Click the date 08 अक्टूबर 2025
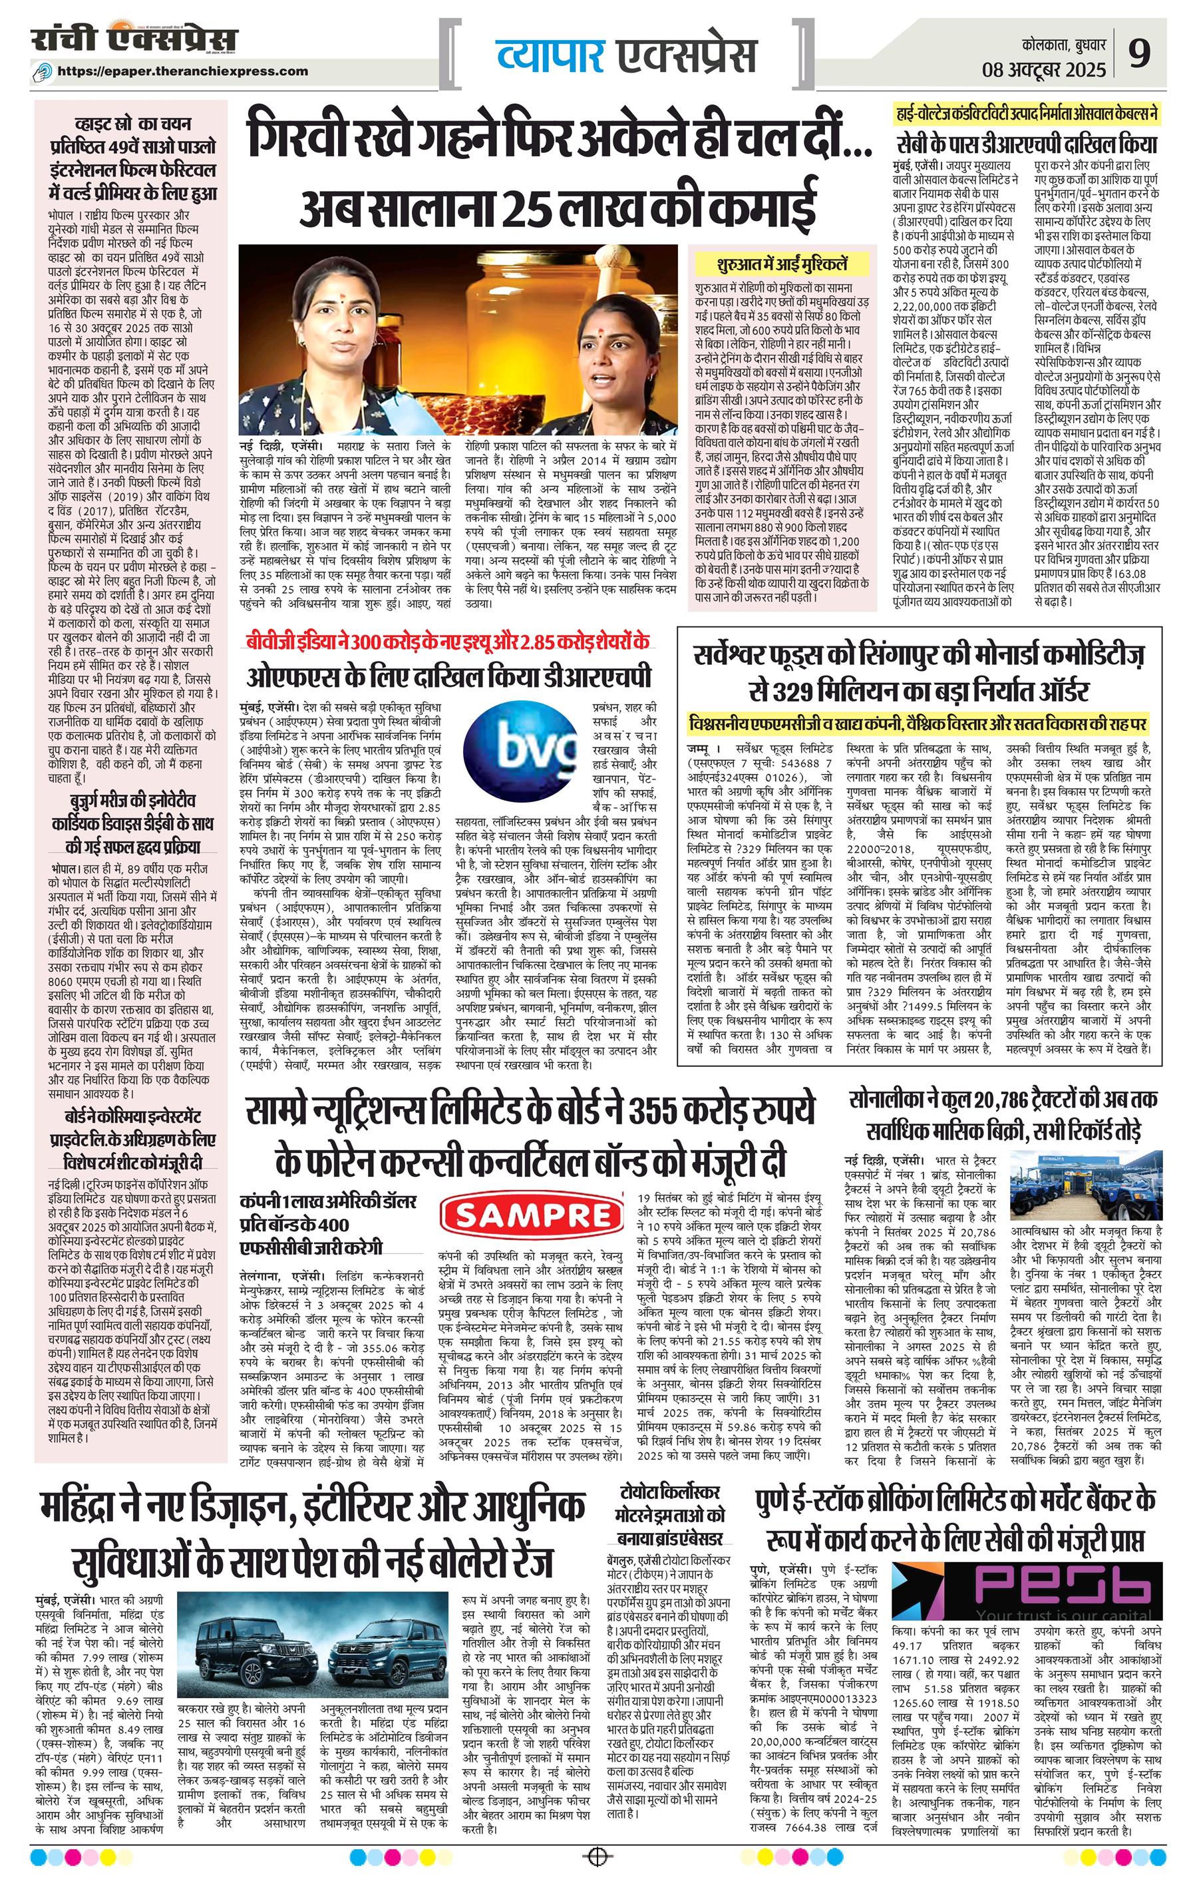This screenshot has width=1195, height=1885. click(x=1044, y=70)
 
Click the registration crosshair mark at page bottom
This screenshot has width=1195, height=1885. click(x=597, y=1871)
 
